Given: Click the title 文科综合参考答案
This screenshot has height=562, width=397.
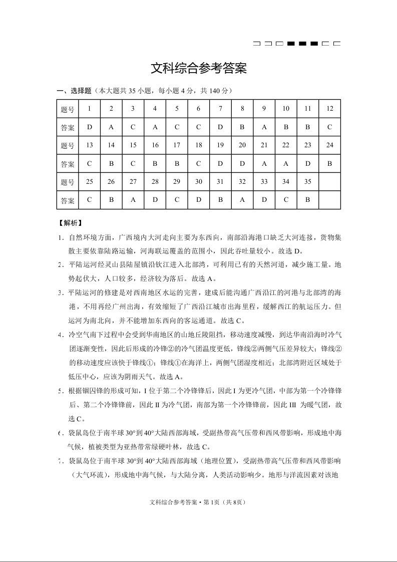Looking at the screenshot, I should point(199,69).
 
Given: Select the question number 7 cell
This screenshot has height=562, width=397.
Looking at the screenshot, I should point(220,109).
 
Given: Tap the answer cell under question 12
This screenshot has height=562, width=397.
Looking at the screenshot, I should point(329,127).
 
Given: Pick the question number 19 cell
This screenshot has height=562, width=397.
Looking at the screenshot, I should point(220,145).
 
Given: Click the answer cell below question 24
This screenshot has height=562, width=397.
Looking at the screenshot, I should point(329,163).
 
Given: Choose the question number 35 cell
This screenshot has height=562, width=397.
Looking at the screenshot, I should point(307,181).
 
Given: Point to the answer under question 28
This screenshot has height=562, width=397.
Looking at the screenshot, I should point(155,200).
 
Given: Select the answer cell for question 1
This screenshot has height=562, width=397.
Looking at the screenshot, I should point(89,127).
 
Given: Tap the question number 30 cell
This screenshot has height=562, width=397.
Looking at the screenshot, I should point(199,181).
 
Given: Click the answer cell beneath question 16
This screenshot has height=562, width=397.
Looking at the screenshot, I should point(155,163).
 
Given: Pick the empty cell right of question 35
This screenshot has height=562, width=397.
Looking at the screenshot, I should point(329,181).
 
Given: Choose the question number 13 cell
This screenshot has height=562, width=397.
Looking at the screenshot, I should point(89,145).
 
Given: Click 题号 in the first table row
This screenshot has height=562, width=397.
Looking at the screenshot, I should point(68,109).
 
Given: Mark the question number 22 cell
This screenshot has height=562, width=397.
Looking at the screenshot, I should point(286,145).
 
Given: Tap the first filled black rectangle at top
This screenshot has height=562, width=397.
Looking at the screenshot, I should point(291,44).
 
